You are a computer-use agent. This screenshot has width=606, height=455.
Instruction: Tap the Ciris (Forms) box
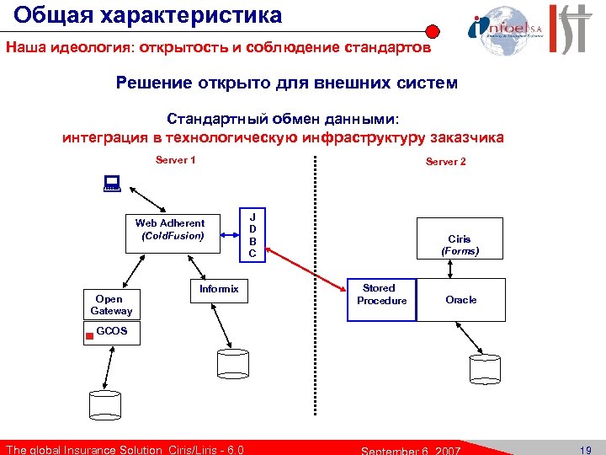pos(459,245)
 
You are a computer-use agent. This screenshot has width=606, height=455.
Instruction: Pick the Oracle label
pos(460,300)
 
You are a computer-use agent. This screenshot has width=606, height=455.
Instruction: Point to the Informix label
pos(219,289)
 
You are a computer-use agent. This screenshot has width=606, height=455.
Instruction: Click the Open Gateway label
pos(110,305)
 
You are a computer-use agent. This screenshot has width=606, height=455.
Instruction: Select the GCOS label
pos(112,331)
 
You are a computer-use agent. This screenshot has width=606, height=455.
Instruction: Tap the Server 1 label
pos(176,160)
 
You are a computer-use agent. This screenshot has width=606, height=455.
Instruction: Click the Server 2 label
pos(445,162)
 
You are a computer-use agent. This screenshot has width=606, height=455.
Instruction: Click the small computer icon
pos(110,181)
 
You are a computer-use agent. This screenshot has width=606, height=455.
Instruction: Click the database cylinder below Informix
pos(231,363)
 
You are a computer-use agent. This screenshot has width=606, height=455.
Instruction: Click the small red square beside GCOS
pos(89,335)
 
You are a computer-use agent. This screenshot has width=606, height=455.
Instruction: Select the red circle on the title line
pos(432,32)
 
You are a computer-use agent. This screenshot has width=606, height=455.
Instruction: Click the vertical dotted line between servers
pos(316,286)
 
